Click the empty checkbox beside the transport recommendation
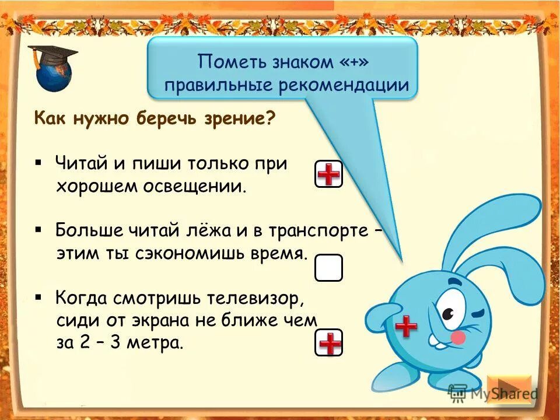[x=328, y=268]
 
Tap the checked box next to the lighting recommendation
[x=328, y=174]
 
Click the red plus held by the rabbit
[x=406, y=326]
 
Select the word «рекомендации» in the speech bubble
[x=344, y=85]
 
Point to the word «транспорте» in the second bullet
[x=318, y=229]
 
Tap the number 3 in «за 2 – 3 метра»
[x=115, y=342]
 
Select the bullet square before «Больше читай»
[x=38, y=228]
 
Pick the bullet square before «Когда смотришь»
[x=38, y=297]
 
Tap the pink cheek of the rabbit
[x=458, y=337]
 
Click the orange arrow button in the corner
[x=509, y=389]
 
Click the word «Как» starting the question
[x=50, y=119]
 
